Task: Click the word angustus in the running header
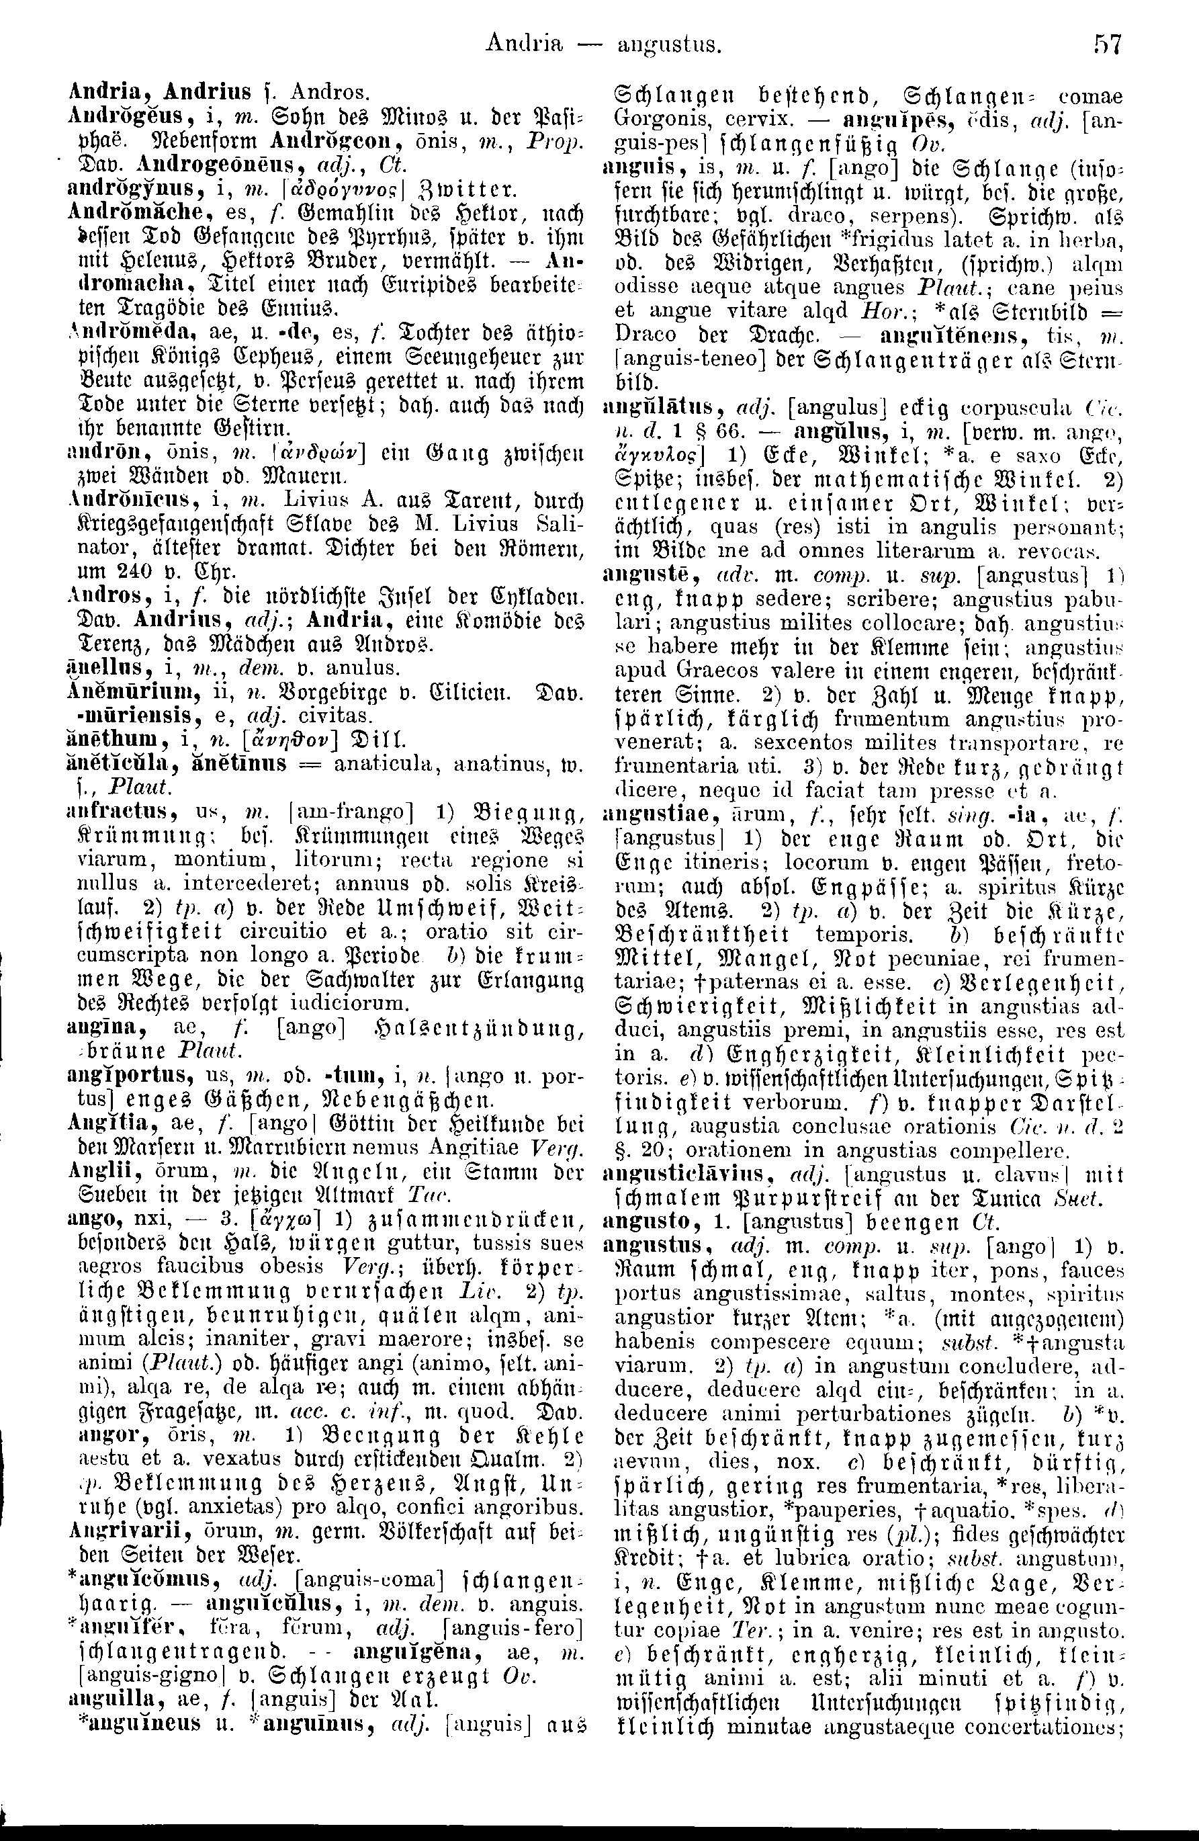pos(669,47)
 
